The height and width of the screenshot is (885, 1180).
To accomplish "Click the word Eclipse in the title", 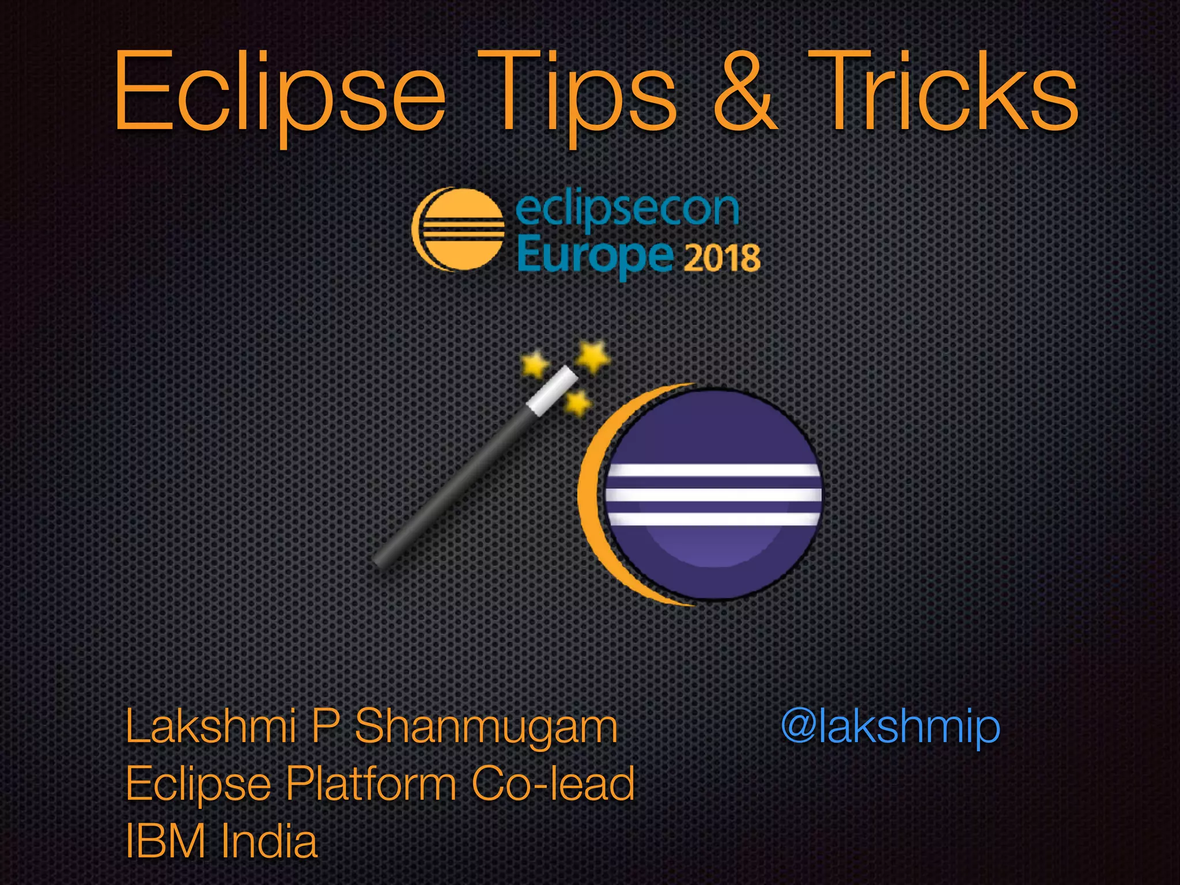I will tap(279, 92).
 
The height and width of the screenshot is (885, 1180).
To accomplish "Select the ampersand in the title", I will tap(744, 92).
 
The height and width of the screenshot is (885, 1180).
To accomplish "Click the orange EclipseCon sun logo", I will tap(458, 229).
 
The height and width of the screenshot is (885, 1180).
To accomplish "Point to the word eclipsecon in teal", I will tap(627, 209).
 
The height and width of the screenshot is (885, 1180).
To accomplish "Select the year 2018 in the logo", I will tap(722, 258).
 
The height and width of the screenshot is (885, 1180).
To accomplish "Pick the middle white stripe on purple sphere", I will tap(713, 494).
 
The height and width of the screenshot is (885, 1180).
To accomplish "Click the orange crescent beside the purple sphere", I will tap(593, 496).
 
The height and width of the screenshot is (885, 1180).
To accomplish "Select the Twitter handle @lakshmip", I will tap(890, 727).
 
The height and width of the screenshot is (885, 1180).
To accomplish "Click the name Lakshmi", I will tap(211, 727).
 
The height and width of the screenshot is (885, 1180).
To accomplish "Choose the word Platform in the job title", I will tap(372, 785).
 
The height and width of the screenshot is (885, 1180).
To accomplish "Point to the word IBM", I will tap(165, 841).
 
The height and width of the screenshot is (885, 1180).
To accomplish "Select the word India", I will tap(269, 841).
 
